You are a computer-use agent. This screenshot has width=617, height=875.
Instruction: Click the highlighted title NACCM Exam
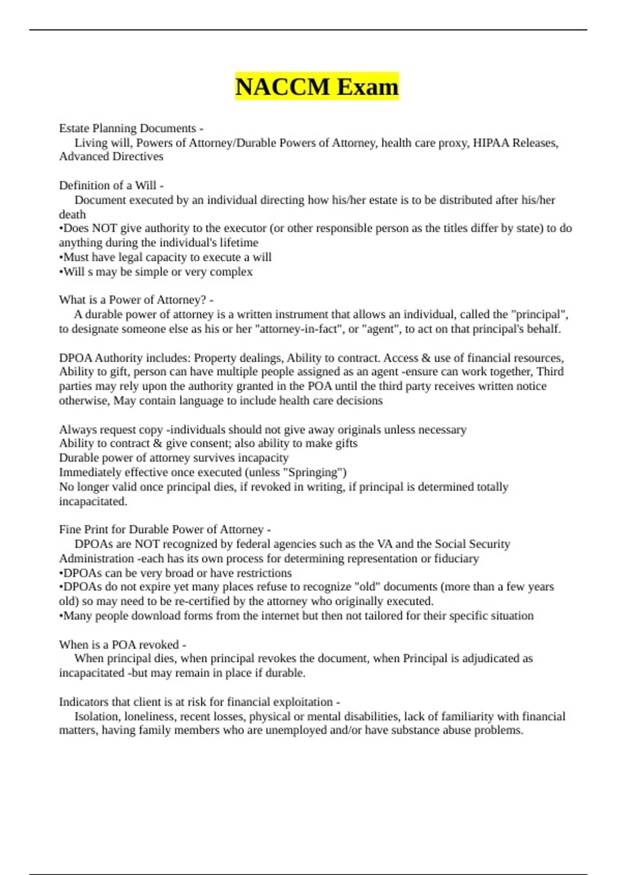(x=317, y=86)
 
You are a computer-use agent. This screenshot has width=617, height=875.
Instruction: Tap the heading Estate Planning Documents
(x=128, y=128)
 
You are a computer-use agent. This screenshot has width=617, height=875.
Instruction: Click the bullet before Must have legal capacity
(x=61, y=257)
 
